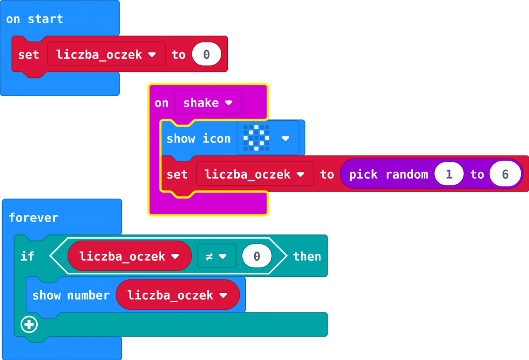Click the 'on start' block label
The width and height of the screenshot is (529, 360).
click(34, 19)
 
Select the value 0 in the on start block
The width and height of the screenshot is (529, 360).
click(207, 54)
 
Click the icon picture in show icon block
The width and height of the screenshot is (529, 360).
click(257, 138)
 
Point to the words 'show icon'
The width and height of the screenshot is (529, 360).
click(198, 138)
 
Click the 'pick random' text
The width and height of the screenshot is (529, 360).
click(388, 175)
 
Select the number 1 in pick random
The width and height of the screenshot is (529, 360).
click(448, 175)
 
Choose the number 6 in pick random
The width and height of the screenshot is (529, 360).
click(505, 175)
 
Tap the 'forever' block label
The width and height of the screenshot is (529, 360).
click(34, 217)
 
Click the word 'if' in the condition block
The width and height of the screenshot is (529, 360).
click(27, 256)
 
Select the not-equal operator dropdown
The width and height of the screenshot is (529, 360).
click(216, 256)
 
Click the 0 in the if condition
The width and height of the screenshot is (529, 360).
click(257, 256)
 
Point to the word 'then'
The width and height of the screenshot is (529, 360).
click(307, 256)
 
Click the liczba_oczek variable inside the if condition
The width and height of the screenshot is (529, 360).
click(129, 256)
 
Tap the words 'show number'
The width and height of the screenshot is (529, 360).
click(71, 295)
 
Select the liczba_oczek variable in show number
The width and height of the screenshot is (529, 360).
click(177, 295)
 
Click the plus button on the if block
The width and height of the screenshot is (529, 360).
click(29, 324)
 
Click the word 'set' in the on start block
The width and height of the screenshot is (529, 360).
click(28, 54)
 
